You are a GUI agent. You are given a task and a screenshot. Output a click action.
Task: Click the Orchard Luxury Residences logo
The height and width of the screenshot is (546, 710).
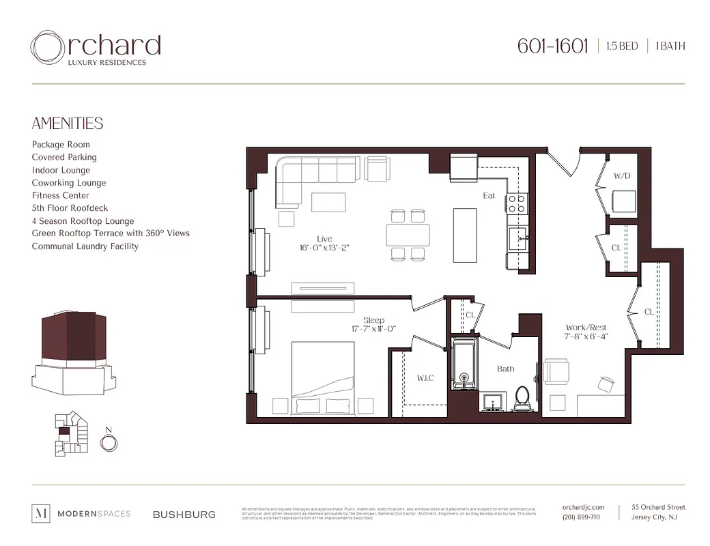[x=96, y=48]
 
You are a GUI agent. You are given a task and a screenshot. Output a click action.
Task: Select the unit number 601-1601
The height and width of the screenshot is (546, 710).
[x=552, y=46]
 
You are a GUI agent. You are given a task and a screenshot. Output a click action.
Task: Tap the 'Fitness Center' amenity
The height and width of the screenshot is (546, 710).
[x=60, y=195]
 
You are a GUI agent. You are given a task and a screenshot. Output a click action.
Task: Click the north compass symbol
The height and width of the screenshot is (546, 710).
[x=108, y=443]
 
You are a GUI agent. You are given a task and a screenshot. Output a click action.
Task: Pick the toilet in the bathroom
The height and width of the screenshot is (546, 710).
[x=522, y=398]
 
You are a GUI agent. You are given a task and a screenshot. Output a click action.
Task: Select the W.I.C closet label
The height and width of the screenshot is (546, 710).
[x=425, y=378]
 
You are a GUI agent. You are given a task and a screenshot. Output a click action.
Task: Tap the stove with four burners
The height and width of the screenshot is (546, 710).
[x=517, y=203]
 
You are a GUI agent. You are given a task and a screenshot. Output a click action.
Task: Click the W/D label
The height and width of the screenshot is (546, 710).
[x=621, y=176]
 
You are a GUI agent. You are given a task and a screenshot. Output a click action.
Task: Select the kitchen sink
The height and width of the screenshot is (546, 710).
[x=517, y=240]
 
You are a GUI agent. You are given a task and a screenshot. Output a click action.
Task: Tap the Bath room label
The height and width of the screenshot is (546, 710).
[x=505, y=369]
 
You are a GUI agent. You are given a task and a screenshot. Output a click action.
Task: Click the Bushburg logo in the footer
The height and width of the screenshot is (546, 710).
[x=184, y=515]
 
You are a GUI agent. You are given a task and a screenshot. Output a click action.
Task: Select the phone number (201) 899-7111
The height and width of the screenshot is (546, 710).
[x=581, y=517]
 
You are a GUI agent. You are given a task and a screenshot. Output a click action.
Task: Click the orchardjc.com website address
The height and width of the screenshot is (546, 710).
[x=584, y=507]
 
